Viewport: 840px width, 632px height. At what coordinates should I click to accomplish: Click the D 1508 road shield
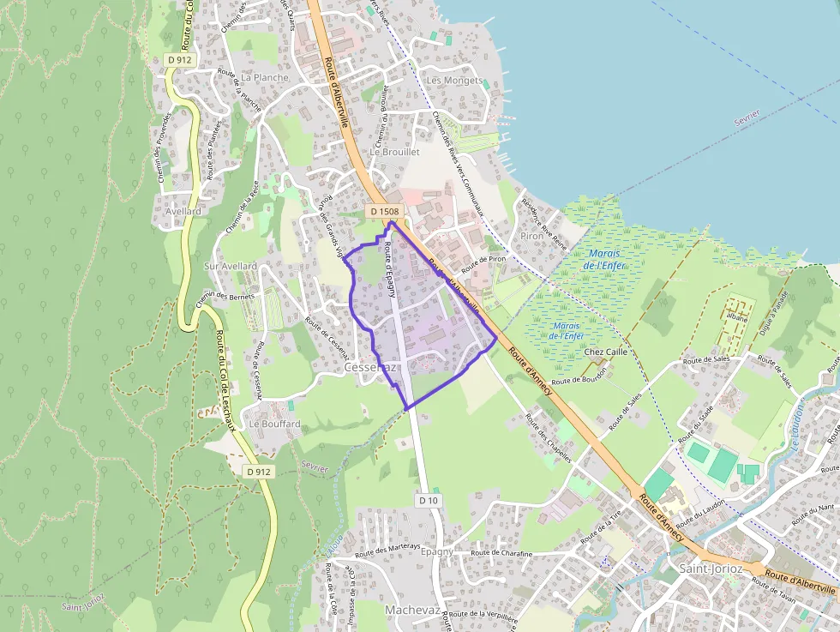pyautogui.click(x=385, y=211)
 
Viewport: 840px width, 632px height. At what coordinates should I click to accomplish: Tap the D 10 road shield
pyautogui.click(x=429, y=499)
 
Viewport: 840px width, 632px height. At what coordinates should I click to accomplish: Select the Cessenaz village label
pyautogui.click(x=370, y=367)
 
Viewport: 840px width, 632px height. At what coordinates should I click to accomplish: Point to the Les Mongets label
pyautogui.click(x=455, y=81)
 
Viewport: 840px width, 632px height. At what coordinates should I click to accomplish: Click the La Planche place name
pyautogui.click(x=265, y=77)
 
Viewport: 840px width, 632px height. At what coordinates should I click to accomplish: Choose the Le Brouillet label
pyautogui.click(x=395, y=152)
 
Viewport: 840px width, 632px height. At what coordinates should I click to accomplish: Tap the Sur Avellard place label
pyautogui.click(x=230, y=267)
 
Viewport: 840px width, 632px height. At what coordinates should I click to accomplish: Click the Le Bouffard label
pyautogui.click(x=274, y=424)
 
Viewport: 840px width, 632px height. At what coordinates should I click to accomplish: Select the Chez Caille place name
pyautogui.click(x=606, y=352)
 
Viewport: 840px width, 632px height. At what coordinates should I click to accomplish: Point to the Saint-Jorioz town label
pyautogui.click(x=711, y=569)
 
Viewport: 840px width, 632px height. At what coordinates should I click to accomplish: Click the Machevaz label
pyautogui.click(x=412, y=610)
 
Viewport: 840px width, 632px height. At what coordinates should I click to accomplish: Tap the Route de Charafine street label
pyautogui.click(x=501, y=554)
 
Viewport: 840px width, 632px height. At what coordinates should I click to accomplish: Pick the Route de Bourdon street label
pyautogui.click(x=580, y=377)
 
